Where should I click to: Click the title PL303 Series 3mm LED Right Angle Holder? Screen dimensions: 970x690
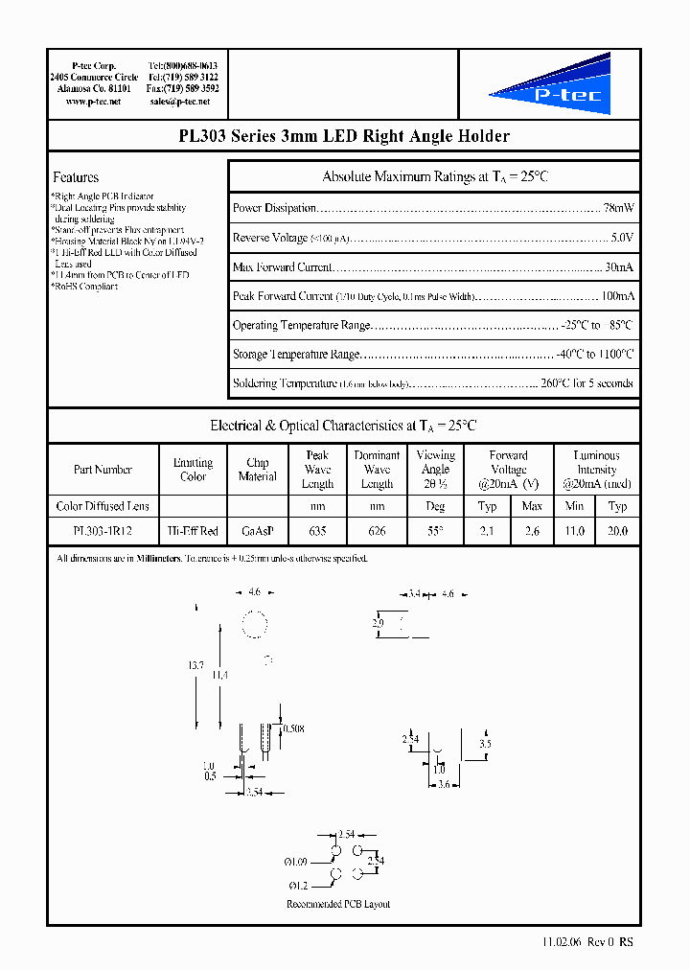tap(344, 136)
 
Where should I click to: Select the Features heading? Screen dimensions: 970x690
tap(76, 177)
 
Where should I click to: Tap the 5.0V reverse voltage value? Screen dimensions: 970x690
tap(622, 238)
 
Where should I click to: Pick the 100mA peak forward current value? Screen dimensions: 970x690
tap(616, 296)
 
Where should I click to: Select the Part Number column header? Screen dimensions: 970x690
tap(103, 470)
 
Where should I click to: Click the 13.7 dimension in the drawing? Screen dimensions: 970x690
tap(195, 664)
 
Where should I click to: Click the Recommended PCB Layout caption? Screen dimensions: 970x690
tap(338, 904)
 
